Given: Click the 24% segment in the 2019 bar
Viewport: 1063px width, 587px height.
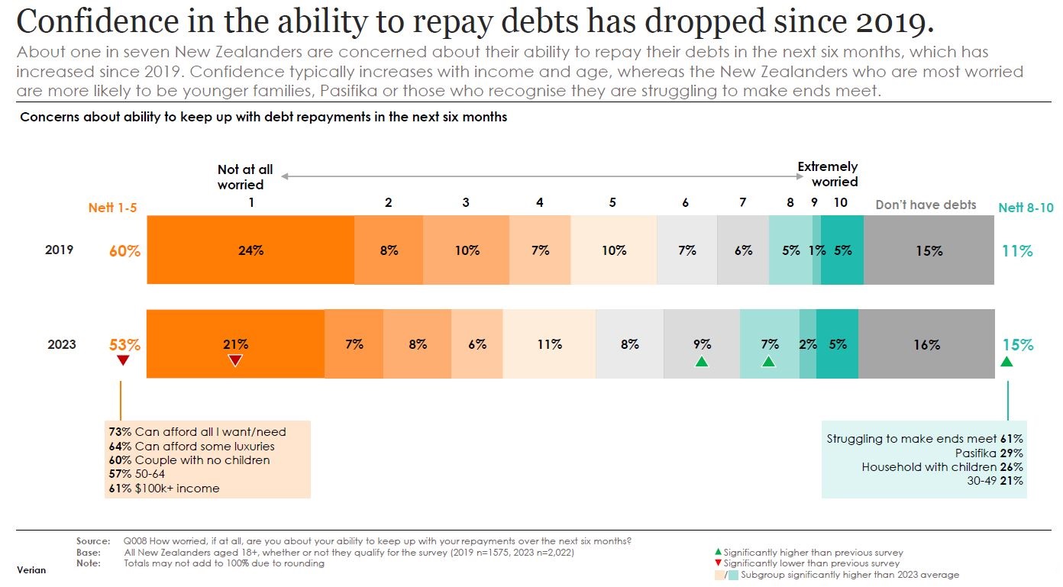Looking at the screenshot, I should coord(250,250).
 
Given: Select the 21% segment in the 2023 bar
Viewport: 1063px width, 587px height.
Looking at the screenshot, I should coord(235,344).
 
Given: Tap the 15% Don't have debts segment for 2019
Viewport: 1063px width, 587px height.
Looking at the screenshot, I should coord(929,250).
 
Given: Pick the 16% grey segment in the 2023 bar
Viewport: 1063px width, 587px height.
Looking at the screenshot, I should coord(926,345).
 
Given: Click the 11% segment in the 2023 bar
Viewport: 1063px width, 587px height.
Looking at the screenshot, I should coord(549,344).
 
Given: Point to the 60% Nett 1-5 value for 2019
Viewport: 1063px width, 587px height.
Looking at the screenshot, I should coord(124,250).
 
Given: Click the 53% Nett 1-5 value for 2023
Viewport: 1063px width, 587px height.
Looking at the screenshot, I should coord(124,344).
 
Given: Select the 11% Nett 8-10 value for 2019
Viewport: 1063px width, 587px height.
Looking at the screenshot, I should coord(1017,250).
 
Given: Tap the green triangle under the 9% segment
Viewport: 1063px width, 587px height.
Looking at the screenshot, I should coord(702,361).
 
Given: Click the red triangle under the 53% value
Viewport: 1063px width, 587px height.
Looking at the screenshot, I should coord(121,361).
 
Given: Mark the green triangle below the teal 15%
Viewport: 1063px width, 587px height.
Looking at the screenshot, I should coord(1006,361).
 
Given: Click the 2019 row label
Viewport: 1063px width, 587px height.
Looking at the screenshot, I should coord(60,250).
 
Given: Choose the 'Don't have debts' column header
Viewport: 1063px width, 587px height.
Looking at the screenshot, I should coord(926,205).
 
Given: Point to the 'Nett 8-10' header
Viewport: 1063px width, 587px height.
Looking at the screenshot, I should coord(1026,208).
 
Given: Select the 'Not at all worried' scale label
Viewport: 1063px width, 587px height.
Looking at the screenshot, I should coord(244,177).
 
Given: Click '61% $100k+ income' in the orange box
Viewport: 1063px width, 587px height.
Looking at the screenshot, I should coord(164,488).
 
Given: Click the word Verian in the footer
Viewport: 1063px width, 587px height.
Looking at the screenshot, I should coord(31,569).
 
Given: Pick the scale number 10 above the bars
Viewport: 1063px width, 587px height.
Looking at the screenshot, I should coord(840,202).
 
